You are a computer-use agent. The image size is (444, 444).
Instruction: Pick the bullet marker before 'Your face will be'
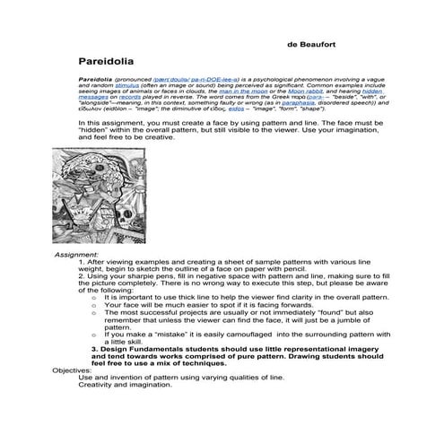[x=93, y=304]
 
